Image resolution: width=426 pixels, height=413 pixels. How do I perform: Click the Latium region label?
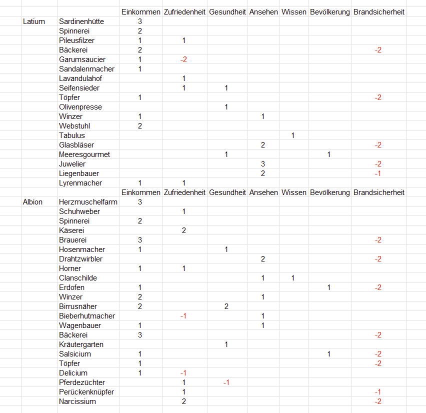coord(34,21)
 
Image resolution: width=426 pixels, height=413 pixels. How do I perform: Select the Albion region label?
coord(33,202)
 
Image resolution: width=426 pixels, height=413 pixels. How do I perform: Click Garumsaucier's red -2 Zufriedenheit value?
coord(183,59)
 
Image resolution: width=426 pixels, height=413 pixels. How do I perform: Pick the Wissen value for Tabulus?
coord(293,135)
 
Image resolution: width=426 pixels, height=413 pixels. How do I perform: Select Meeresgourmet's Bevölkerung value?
coord(328,154)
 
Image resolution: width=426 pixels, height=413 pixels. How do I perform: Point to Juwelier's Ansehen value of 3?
coord(262,164)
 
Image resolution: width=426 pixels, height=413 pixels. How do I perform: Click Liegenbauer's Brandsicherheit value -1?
coord(378,173)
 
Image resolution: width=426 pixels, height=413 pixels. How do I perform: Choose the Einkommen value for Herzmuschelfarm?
coord(140,202)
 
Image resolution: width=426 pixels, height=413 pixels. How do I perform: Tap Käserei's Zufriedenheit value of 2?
coord(184,230)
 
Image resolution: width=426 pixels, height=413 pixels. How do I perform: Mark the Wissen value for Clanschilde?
coord(293,278)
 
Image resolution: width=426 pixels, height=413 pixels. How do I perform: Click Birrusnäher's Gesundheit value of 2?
coord(226,306)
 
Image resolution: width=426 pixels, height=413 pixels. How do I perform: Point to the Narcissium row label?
coord(77,401)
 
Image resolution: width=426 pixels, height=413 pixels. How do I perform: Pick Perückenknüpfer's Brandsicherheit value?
coord(378,392)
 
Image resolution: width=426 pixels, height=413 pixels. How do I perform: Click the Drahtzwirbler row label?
coord(80,259)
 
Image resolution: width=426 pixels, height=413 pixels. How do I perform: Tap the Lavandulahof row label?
coord(80,78)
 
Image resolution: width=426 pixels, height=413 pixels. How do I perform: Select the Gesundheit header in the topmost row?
coord(227,12)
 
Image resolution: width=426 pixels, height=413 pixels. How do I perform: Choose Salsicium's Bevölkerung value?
coord(328,354)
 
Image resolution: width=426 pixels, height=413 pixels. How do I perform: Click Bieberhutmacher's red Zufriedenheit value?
coord(183,316)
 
